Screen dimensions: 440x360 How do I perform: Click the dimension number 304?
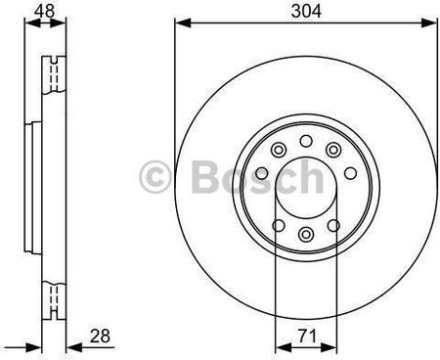click(306, 11)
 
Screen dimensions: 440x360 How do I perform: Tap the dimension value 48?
click(45, 11)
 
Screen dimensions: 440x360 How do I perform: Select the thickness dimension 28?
click(100, 336)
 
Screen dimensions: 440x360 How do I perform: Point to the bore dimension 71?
click(307, 336)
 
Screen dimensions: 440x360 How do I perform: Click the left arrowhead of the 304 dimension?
click(183, 23)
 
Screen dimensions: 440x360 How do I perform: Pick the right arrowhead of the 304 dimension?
click(428, 23)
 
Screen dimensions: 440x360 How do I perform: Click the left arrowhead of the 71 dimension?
click(284, 348)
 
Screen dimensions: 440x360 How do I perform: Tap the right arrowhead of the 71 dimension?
click(329, 348)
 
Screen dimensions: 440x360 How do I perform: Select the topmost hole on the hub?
click(306, 141)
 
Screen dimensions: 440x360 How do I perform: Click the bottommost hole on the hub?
click(306, 234)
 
